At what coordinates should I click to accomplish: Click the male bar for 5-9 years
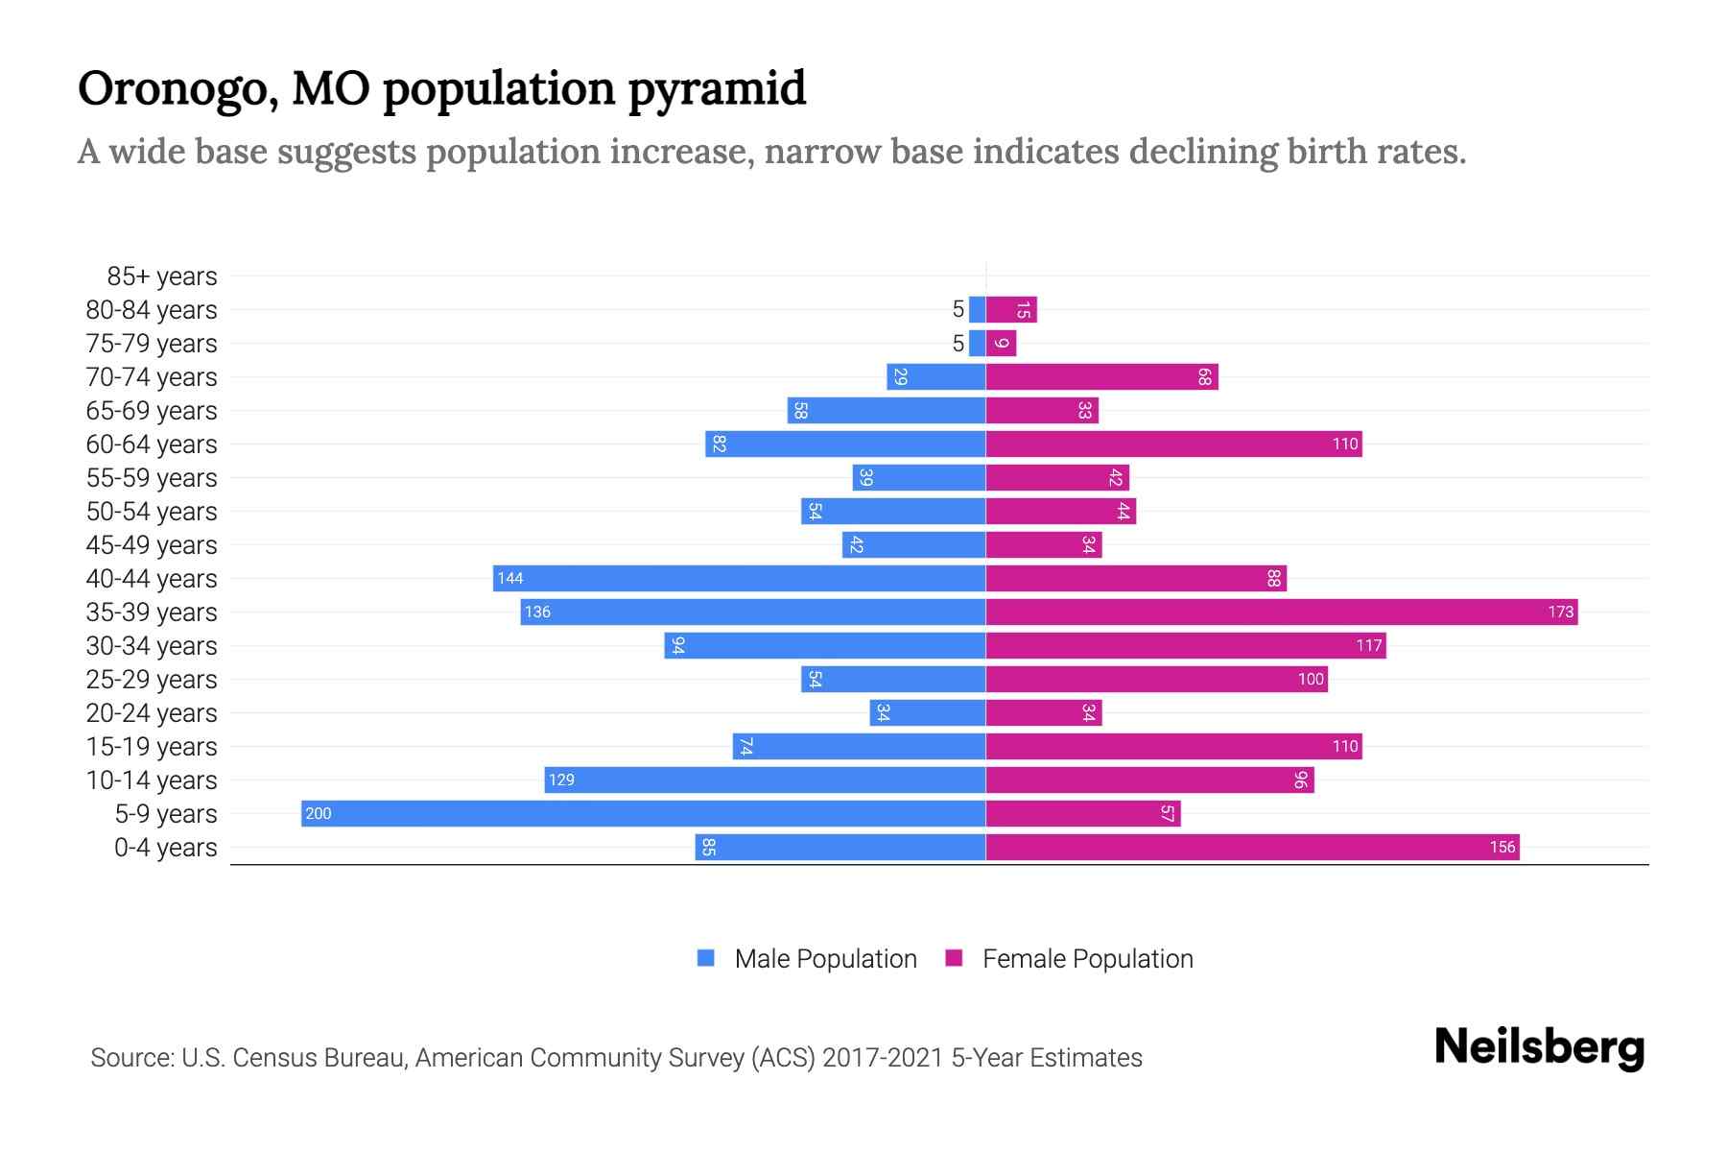point(643,813)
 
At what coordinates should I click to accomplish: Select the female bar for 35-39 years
point(1281,612)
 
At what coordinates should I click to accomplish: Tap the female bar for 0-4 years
point(1252,847)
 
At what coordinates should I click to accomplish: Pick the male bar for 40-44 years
point(739,578)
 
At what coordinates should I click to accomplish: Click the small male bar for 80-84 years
point(977,309)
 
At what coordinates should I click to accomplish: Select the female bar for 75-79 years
point(1001,343)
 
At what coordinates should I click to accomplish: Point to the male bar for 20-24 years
point(928,712)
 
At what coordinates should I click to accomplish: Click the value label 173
point(1560,612)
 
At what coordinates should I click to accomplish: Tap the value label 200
point(318,813)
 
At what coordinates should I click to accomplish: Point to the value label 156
point(1502,847)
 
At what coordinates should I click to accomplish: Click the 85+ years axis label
point(161,276)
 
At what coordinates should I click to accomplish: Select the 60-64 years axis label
point(152,444)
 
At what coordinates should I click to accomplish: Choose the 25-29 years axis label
point(152,680)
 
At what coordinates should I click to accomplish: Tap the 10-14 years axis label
point(152,780)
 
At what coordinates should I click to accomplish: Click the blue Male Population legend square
point(706,958)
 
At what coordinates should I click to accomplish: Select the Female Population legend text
point(1087,958)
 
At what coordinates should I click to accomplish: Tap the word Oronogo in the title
point(177,88)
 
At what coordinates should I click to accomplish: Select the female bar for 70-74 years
point(1101,376)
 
